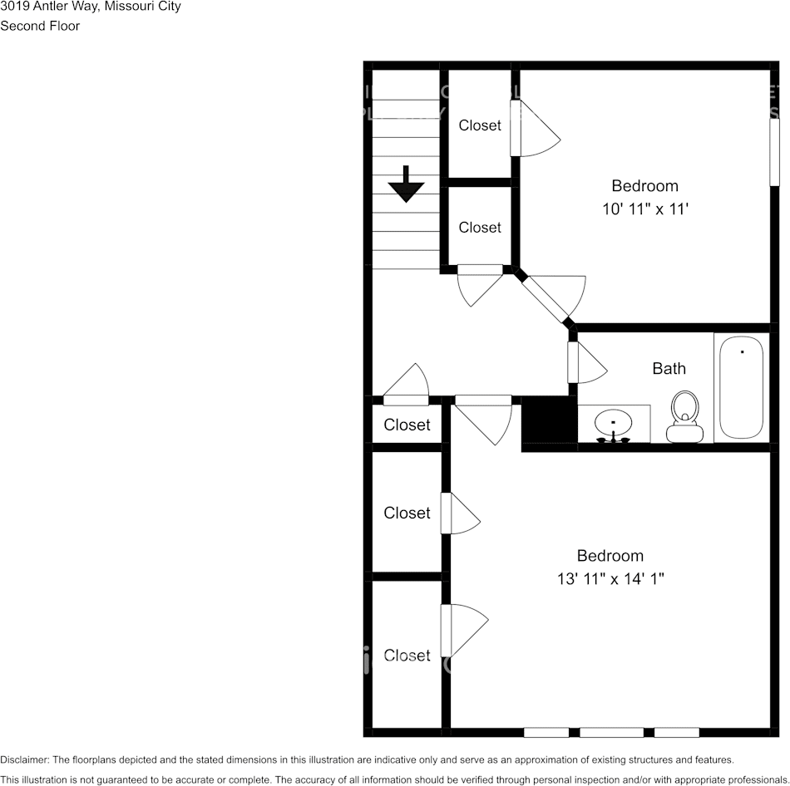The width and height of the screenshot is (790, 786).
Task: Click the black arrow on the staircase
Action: [x=407, y=184]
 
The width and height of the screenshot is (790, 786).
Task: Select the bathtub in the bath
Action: [x=741, y=386]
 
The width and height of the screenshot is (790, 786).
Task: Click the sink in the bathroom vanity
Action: [x=615, y=423]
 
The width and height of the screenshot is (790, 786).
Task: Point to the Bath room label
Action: [x=669, y=368]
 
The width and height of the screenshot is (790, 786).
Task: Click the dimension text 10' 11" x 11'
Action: [x=645, y=210]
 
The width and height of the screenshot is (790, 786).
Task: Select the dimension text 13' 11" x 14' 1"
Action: [x=610, y=579]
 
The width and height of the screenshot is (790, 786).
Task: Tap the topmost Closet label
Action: [x=480, y=125]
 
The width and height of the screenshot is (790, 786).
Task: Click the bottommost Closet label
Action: [x=407, y=656]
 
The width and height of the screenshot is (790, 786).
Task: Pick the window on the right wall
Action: [x=774, y=153]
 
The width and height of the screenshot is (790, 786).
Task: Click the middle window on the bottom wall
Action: [x=611, y=732]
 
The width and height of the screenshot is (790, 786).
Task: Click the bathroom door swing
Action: [x=588, y=363]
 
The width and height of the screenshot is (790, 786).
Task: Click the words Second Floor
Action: [x=40, y=26]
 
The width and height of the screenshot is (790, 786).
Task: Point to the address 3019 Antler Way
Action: [x=49, y=7]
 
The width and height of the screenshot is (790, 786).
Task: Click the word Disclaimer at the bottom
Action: [x=24, y=759]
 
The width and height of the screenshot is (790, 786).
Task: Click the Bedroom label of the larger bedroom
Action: [x=610, y=556]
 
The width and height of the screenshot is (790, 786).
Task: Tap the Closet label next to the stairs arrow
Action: [x=480, y=228]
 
